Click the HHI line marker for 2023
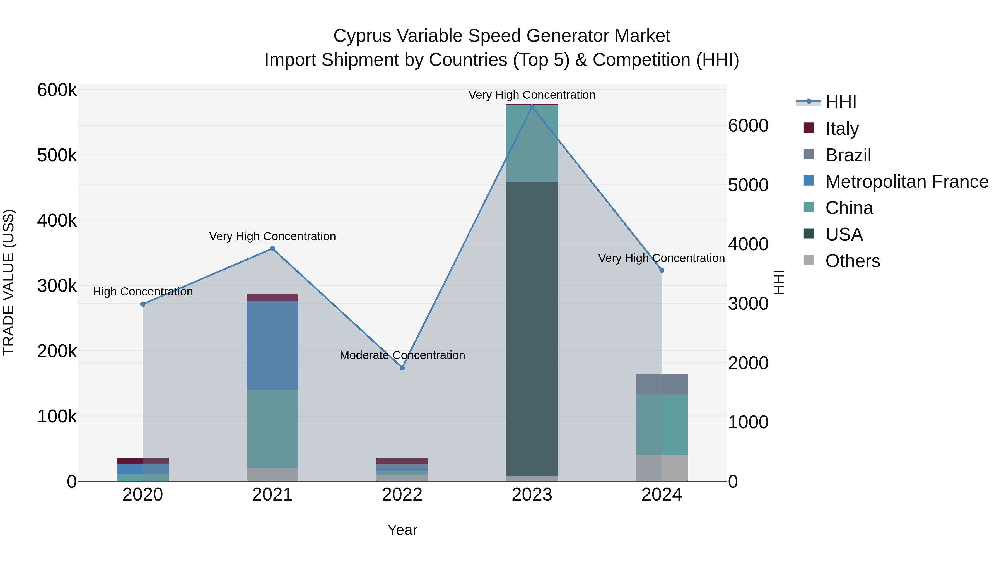tap(532, 107)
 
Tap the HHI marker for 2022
tap(402, 368)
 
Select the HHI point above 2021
tap(272, 249)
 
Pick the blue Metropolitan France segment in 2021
tap(272, 345)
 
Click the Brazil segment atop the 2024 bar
tap(662, 384)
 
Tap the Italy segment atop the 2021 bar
tap(272, 297)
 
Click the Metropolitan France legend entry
tap(906, 182)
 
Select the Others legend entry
tap(852, 261)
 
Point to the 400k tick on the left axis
tap(57, 221)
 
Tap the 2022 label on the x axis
tap(402, 495)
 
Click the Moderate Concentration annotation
tap(402, 355)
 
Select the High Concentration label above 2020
tap(143, 292)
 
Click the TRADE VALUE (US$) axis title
tap(9, 282)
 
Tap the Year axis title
tap(402, 530)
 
